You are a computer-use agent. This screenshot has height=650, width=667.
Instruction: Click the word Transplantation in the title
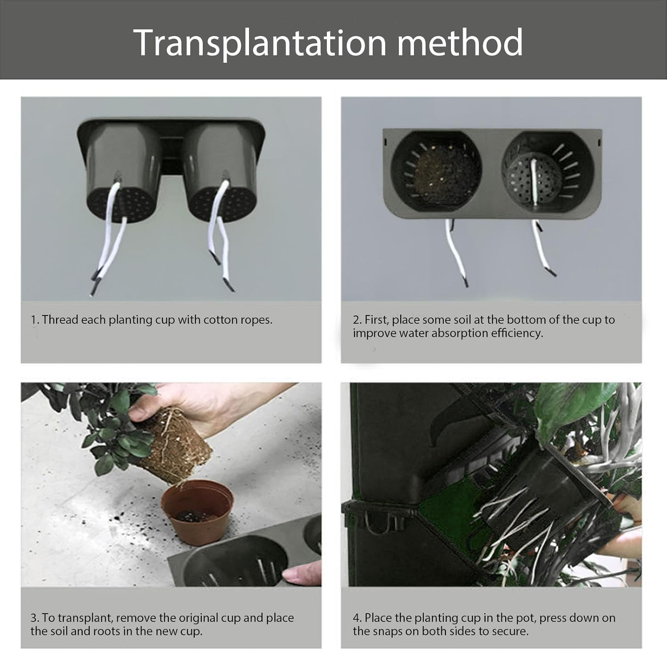coord(260,43)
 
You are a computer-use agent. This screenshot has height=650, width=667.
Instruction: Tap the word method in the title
coord(460,42)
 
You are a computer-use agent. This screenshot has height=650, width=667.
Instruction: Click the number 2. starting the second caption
coord(357,319)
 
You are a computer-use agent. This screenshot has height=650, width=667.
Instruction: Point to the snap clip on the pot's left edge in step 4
coord(378,516)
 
